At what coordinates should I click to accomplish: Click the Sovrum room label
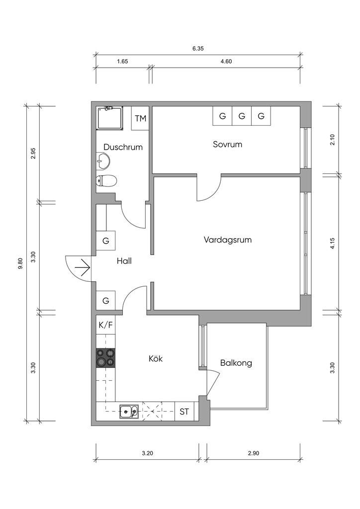(227, 145)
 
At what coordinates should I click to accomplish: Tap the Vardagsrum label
(228, 240)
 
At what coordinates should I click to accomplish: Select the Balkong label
(236, 363)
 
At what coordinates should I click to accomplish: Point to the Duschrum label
(123, 147)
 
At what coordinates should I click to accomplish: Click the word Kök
(156, 358)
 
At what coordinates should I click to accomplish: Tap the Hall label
(124, 260)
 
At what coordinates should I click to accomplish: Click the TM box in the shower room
(141, 118)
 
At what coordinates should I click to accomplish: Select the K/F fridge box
(105, 325)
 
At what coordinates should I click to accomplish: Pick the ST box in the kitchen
(184, 411)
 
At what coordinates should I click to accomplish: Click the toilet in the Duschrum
(106, 180)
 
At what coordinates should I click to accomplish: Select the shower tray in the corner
(109, 118)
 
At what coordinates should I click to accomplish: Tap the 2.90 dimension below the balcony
(254, 453)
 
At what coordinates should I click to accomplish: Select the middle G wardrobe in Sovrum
(242, 116)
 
